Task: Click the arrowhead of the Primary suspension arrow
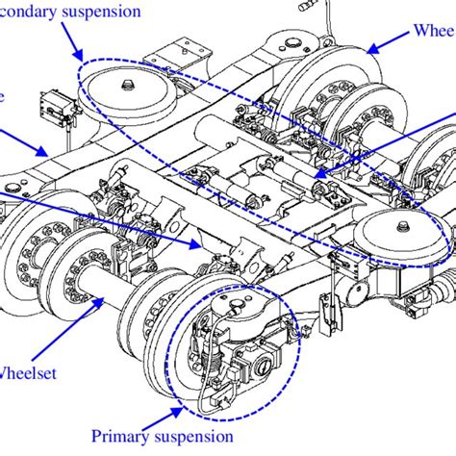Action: pos(187,412)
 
